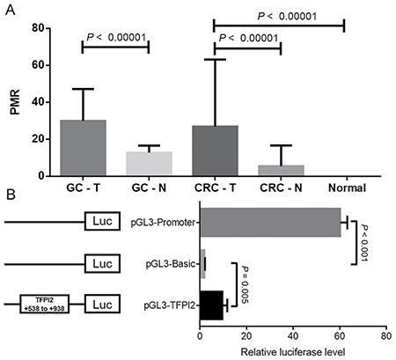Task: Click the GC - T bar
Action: coord(83,148)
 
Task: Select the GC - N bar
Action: coord(149,163)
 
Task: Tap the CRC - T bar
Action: coord(215,151)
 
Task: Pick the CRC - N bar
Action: coord(281,171)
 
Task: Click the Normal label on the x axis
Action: coord(347,187)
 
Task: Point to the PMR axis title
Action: coord(15,102)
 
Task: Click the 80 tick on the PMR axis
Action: coord(38,28)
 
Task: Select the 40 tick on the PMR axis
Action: coord(38,102)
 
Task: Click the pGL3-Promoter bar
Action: coord(270,222)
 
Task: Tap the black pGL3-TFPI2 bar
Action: coord(211,305)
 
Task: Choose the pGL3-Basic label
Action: coord(171,264)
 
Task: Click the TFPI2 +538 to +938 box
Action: coord(45,305)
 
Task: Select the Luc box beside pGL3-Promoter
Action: coord(102,221)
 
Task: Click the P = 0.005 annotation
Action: coord(245,284)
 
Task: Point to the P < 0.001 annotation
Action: coord(364,244)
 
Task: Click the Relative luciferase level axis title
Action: coord(293,352)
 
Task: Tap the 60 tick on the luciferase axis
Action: coord(340,335)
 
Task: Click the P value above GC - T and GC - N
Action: coord(116,37)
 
